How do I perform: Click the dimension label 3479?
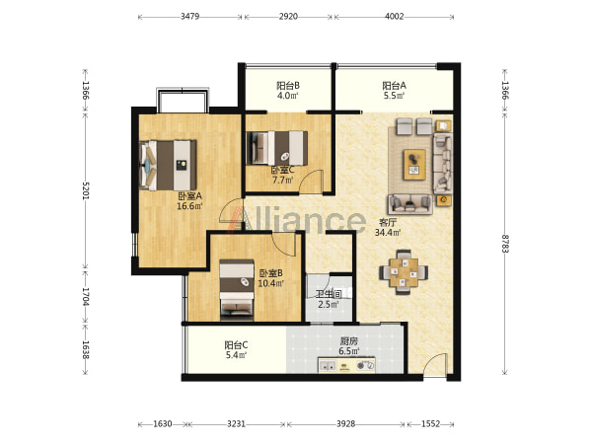coord(189,17)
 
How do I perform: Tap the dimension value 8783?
coord(505,244)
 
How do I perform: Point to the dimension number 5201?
coord(86,190)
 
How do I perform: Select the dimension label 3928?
coord(345,424)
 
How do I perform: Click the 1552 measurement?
coord(430,424)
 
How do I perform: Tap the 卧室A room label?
coord(189,196)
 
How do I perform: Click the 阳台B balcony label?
coord(288,86)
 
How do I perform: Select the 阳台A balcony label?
coord(394,86)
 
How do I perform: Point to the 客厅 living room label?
coord(388,222)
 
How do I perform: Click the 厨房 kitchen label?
coord(348,341)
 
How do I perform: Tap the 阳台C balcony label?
coord(236,345)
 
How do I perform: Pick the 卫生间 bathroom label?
coord(329,294)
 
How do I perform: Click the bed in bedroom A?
coord(168,166)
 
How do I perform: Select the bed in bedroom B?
coord(237,288)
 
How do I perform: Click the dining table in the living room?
coord(404,272)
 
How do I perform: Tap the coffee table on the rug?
coord(414,165)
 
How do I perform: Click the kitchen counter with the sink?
coord(346,365)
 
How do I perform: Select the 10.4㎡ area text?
coord(270,283)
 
